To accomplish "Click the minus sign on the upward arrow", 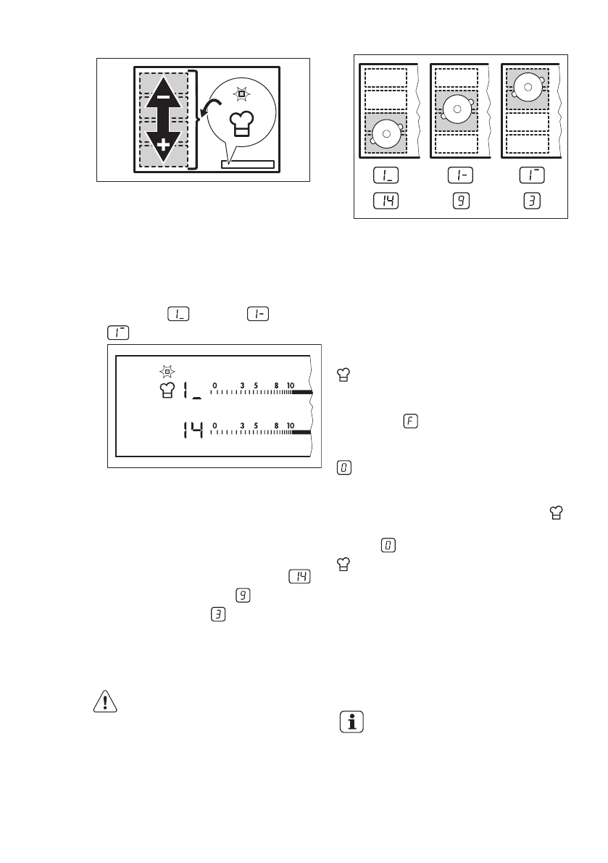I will pos(163,96).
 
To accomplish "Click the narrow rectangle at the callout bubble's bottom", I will pos(248,164).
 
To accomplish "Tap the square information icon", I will pos(351,722).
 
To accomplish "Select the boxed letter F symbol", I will pos(408,421).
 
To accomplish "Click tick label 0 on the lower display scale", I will pos(215,425).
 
